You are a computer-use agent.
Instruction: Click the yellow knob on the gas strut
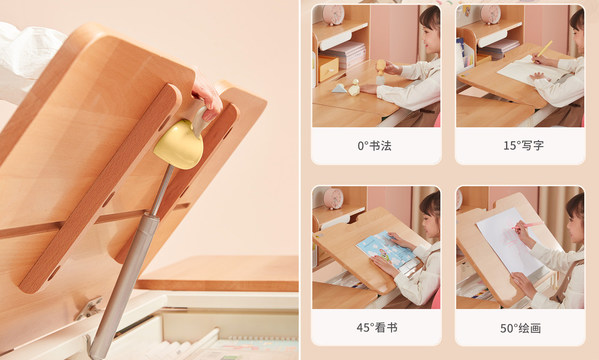pyautogui.click(x=178, y=144)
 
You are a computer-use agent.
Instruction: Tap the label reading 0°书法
pyautogui.click(x=375, y=146)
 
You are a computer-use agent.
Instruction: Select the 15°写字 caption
pyautogui.click(x=522, y=146)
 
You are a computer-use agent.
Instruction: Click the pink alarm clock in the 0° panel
pyautogui.click(x=334, y=14)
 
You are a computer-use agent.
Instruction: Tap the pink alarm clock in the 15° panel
pyautogui.click(x=490, y=13)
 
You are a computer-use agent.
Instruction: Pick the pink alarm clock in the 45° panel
pyautogui.click(x=334, y=197)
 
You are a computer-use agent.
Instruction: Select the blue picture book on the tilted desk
pyautogui.click(x=387, y=248)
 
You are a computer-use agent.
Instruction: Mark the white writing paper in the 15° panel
pyautogui.click(x=523, y=71)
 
